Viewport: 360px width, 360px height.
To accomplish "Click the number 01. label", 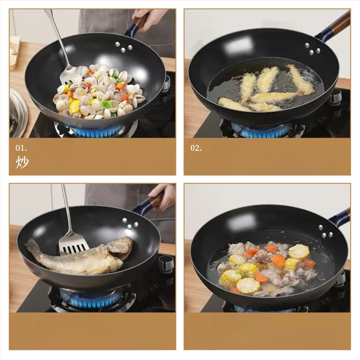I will (21, 148).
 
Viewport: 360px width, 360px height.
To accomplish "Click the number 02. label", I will (196, 148).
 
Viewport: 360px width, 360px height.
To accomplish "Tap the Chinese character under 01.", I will (22, 163).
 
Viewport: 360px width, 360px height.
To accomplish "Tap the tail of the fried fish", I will (32, 246).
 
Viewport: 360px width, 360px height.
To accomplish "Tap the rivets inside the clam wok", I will (124, 45).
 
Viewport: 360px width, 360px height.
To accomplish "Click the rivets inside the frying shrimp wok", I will (310, 49).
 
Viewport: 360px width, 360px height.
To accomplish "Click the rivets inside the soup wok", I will (325, 231).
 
